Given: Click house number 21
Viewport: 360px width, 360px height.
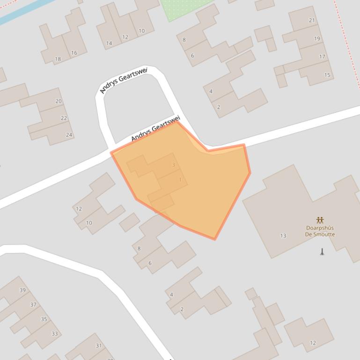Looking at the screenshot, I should point(312,20).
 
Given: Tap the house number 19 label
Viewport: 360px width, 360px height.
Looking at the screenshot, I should point(317,38).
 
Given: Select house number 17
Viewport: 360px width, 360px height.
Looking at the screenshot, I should point(322,57).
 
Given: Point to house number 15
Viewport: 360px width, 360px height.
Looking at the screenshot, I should point(327,75).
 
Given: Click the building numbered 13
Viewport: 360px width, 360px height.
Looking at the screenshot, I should point(283,236).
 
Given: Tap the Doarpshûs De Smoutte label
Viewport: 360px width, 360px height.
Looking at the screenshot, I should point(320,231).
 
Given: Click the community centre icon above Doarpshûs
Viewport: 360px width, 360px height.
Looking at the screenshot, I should point(320,220).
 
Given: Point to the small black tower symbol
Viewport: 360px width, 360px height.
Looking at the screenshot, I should point(322,252).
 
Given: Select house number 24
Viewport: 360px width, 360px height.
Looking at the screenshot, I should point(69,135).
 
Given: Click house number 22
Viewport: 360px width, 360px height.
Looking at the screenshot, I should point(64,118).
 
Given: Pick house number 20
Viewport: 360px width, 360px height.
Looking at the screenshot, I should point(59,101).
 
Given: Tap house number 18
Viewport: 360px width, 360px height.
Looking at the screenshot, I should point(58,59).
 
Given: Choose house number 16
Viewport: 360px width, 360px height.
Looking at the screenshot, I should point(74,53).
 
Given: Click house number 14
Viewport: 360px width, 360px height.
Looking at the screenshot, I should point(109,43).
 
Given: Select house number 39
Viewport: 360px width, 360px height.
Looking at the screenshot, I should point(22,290).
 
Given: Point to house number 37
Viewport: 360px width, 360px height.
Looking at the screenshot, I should point(33,304).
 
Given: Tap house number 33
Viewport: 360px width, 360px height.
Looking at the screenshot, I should point(55,333).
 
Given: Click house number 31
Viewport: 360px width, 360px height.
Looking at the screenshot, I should point(99,346).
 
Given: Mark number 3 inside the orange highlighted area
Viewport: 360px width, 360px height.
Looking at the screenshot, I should point(174,165).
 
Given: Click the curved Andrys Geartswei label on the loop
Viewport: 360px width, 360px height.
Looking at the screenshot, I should point(124,80).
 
